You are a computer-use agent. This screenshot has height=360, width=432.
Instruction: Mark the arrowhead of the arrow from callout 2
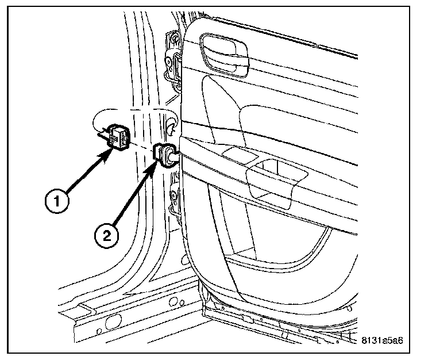coord(157,164)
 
